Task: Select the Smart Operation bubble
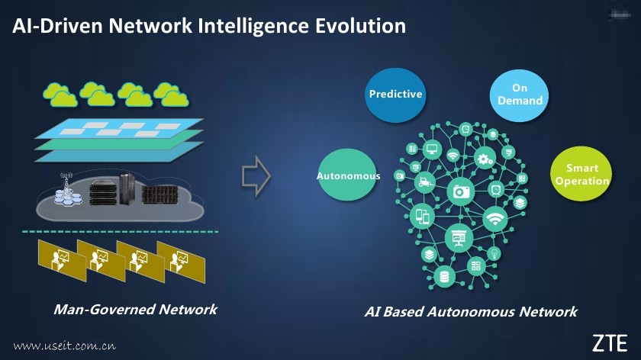(x=581, y=175)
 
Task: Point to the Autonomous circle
(x=348, y=176)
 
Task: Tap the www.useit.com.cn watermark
(x=64, y=345)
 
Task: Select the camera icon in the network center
(x=462, y=191)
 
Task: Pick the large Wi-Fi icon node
(x=496, y=219)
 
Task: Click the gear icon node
(x=483, y=159)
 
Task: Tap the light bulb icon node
(x=494, y=252)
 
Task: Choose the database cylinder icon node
(x=443, y=275)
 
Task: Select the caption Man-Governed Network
(x=135, y=310)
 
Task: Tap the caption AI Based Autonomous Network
(x=470, y=312)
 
